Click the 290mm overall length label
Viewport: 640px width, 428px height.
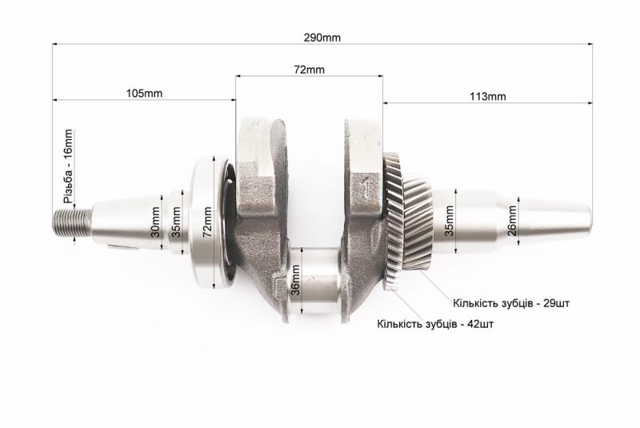pos(322,38)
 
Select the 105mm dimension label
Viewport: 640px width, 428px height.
pos(144,94)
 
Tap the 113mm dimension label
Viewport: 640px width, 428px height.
pos(487,97)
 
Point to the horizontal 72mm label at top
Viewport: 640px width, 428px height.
pos(309,70)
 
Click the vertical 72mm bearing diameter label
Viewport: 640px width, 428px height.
pos(207,222)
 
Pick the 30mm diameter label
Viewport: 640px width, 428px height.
pos(155,222)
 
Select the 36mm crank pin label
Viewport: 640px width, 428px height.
pos(296,280)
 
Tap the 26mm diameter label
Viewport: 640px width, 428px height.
pos(512,221)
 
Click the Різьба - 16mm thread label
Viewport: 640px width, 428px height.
pos(68,166)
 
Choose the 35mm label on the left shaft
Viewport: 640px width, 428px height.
pos(176,222)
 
